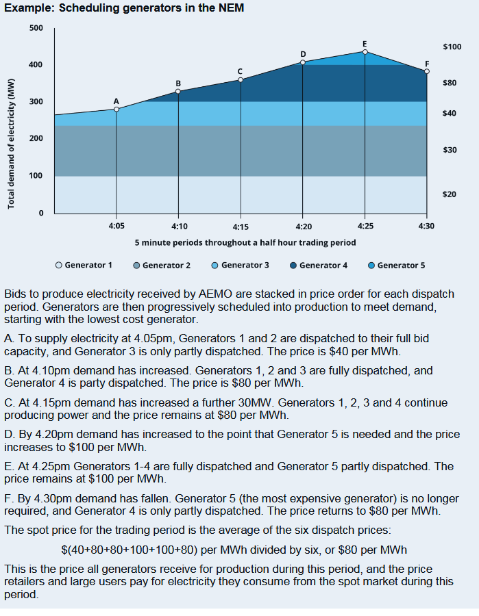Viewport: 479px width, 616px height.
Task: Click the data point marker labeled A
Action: click(x=116, y=109)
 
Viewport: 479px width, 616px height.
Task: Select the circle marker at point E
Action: click(x=365, y=51)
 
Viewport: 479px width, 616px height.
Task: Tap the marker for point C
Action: click(x=241, y=80)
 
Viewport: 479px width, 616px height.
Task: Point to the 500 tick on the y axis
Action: click(x=36, y=28)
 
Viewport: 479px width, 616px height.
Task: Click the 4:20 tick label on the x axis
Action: click(x=303, y=225)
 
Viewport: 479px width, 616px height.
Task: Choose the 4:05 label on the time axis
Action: click(x=116, y=225)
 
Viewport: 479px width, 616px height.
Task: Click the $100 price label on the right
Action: click(x=452, y=47)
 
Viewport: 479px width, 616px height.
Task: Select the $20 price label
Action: click(x=450, y=194)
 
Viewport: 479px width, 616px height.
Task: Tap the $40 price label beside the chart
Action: click(x=450, y=113)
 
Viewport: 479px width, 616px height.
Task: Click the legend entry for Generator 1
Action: click(x=84, y=265)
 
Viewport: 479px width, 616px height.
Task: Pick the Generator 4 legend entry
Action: click(x=319, y=265)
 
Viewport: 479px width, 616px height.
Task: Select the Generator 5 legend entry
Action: click(x=397, y=265)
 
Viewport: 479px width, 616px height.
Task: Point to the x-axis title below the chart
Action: click(x=245, y=242)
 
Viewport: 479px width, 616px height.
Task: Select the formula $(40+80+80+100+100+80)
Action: click(x=133, y=550)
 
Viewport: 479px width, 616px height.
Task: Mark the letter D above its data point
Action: click(x=303, y=53)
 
